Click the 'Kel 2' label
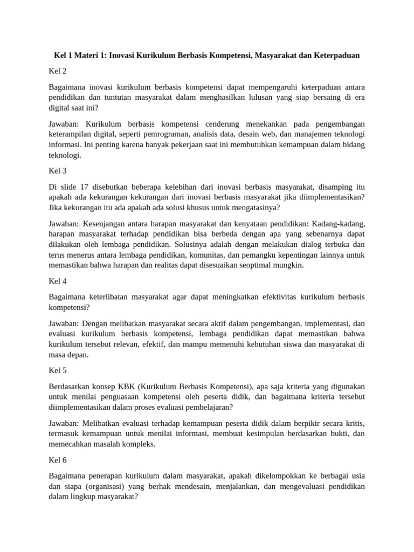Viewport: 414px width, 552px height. point(57,71)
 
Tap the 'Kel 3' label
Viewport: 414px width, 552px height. point(57,171)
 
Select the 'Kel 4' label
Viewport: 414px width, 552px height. point(57,281)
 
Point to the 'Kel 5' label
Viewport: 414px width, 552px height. point(57,371)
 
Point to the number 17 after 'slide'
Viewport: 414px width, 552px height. point(87,187)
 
